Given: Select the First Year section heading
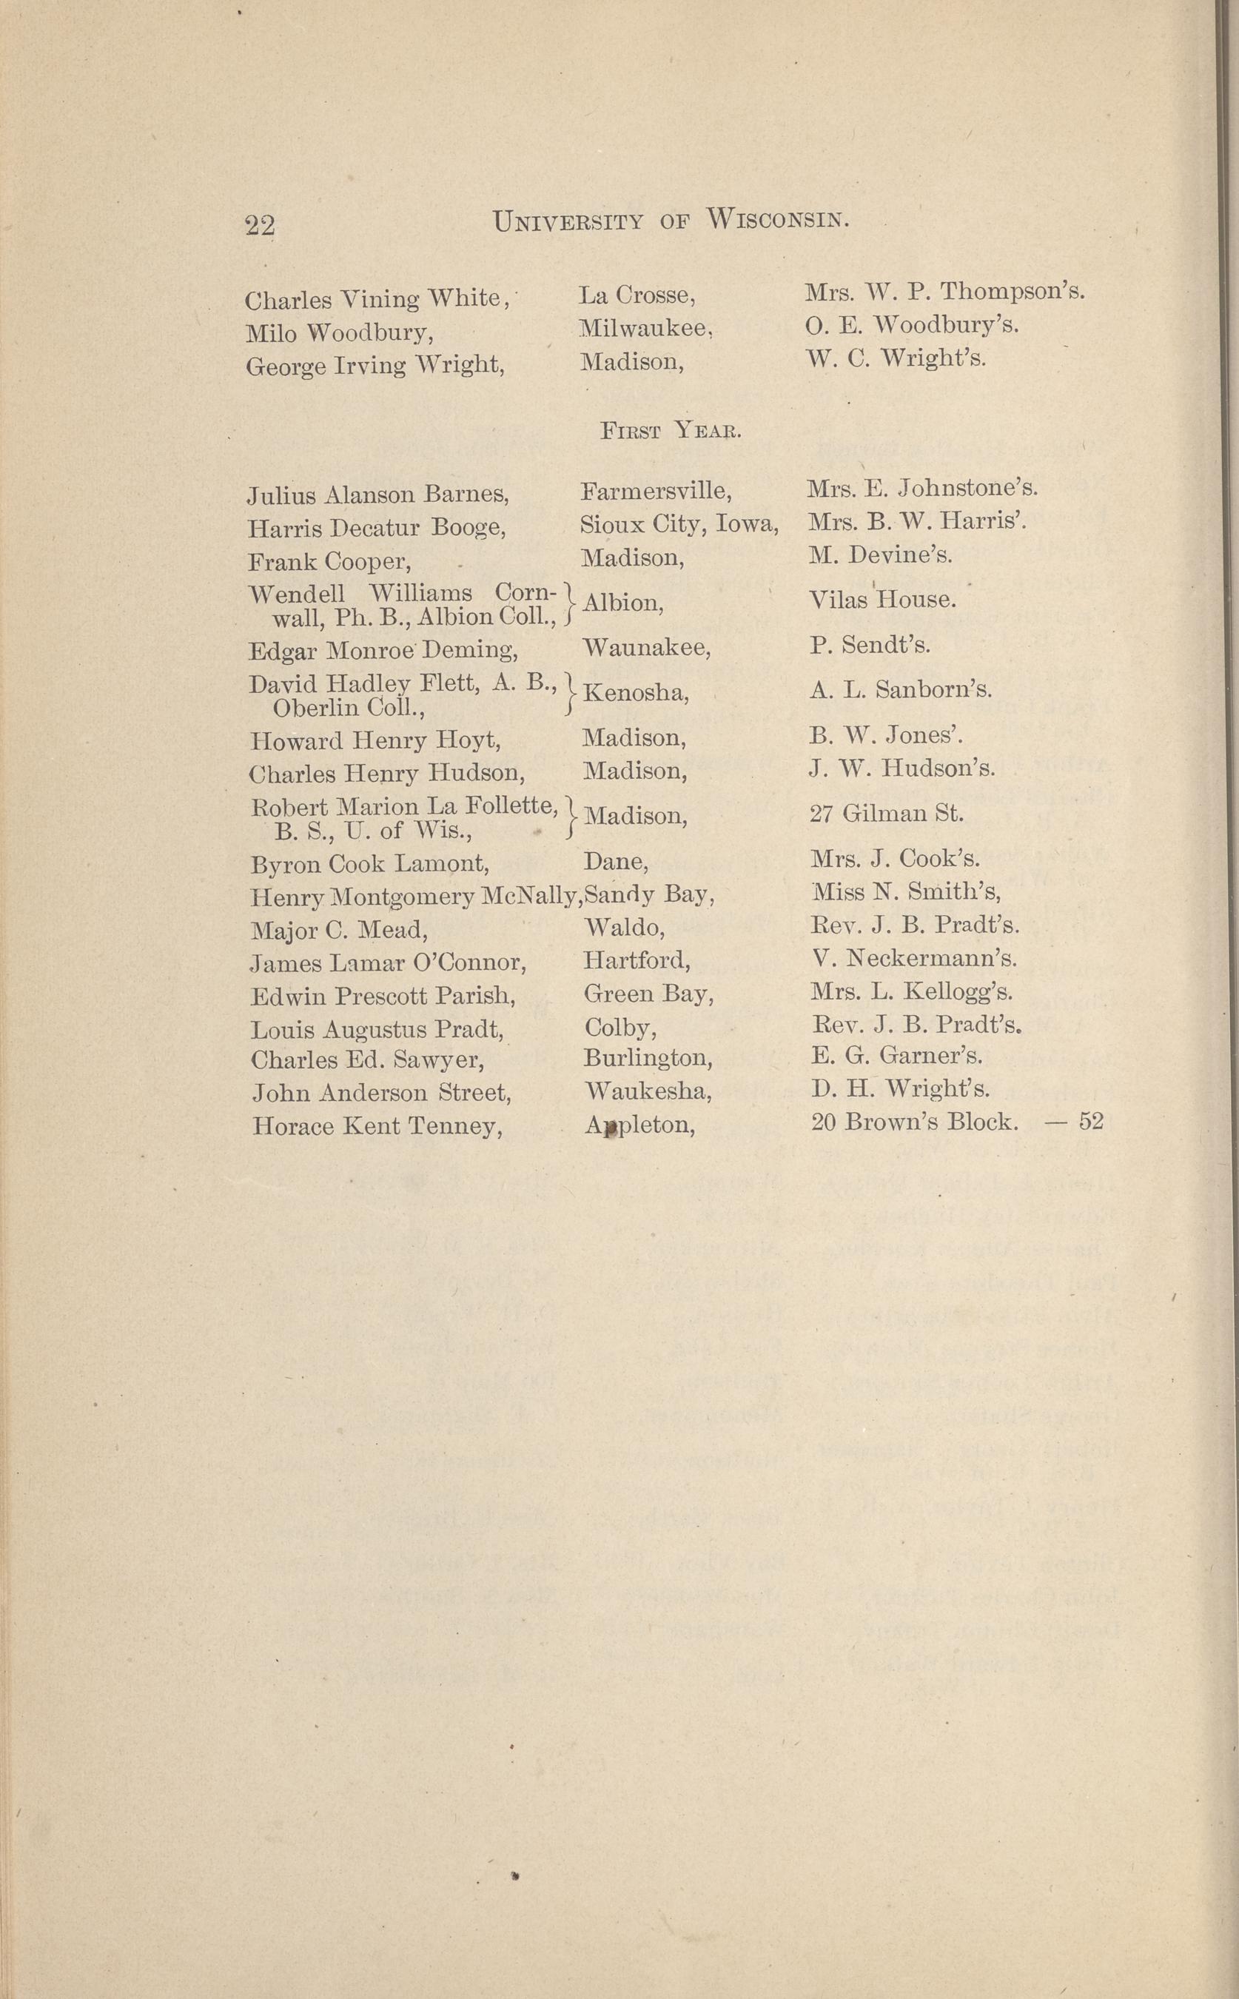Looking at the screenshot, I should pyautogui.click(x=671, y=430).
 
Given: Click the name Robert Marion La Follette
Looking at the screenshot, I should pyautogui.click(x=404, y=806).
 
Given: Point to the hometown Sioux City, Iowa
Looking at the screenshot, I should pyautogui.click(x=679, y=523).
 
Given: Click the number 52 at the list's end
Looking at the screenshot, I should pyautogui.click(x=1091, y=1120).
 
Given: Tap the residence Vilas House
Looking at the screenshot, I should pyautogui.click(x=882, y=600).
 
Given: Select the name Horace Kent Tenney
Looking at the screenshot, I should pyautogui.click(x=377, y=1126).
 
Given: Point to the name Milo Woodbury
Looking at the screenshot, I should pyautogui.click(x=339, y=332).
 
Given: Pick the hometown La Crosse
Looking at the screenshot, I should pyautogui.click(x=637, y=295).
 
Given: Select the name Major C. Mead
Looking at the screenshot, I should pyautogui.click(x=339, y=929).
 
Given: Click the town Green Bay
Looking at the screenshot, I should pyautogui.click(x=648, y=994).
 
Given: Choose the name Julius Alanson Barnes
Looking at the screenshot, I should pyautogui.click(x=377, y=495).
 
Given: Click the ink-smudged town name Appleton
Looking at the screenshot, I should pyautogui.click(x=640, y=1126).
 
